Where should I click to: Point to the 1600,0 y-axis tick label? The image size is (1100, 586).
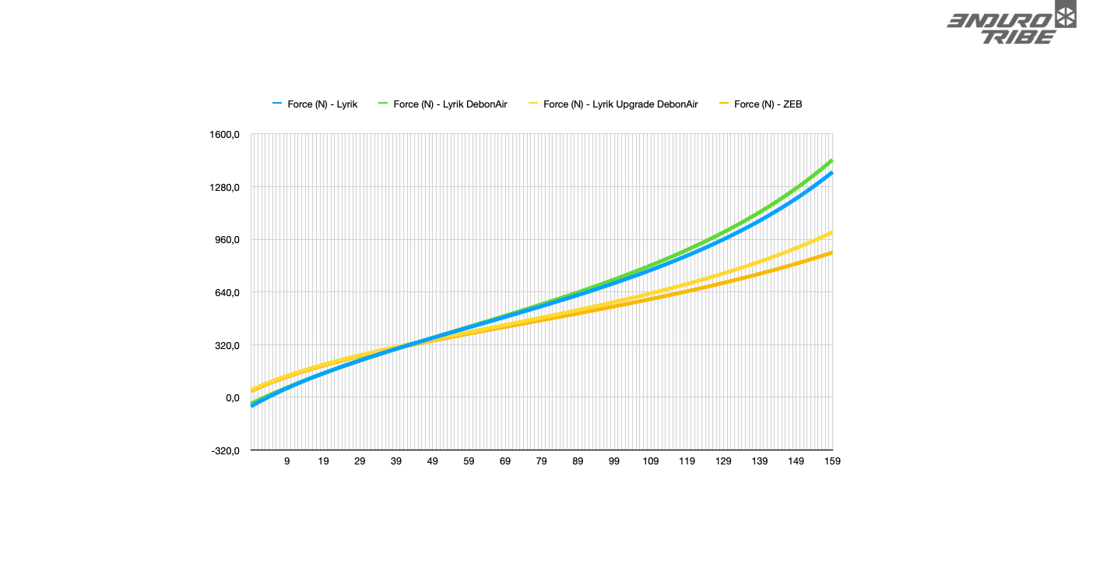coord(223,135)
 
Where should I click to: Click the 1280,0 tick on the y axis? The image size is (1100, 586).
coord(223,188)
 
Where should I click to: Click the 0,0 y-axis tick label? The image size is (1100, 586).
coord(231,398)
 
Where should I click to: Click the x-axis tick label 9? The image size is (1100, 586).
coord(286,461)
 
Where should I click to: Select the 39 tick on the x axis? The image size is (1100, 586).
coord(396,461)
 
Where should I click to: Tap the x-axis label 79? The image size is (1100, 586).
coord(542,461)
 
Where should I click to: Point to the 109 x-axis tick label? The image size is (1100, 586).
coord(651,461)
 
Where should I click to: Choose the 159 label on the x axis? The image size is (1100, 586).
coord(832,461)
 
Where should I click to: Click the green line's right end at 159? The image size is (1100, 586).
coord(832,161)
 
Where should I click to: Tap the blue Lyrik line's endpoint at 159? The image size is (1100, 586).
coord(832,173)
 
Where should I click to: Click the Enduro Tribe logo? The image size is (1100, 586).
coord(1011,23)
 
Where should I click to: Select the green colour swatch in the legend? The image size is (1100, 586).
coord(383,104)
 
